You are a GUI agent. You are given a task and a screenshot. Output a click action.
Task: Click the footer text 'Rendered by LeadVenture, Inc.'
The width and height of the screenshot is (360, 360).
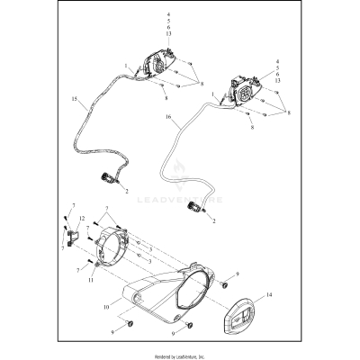(180, 355)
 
